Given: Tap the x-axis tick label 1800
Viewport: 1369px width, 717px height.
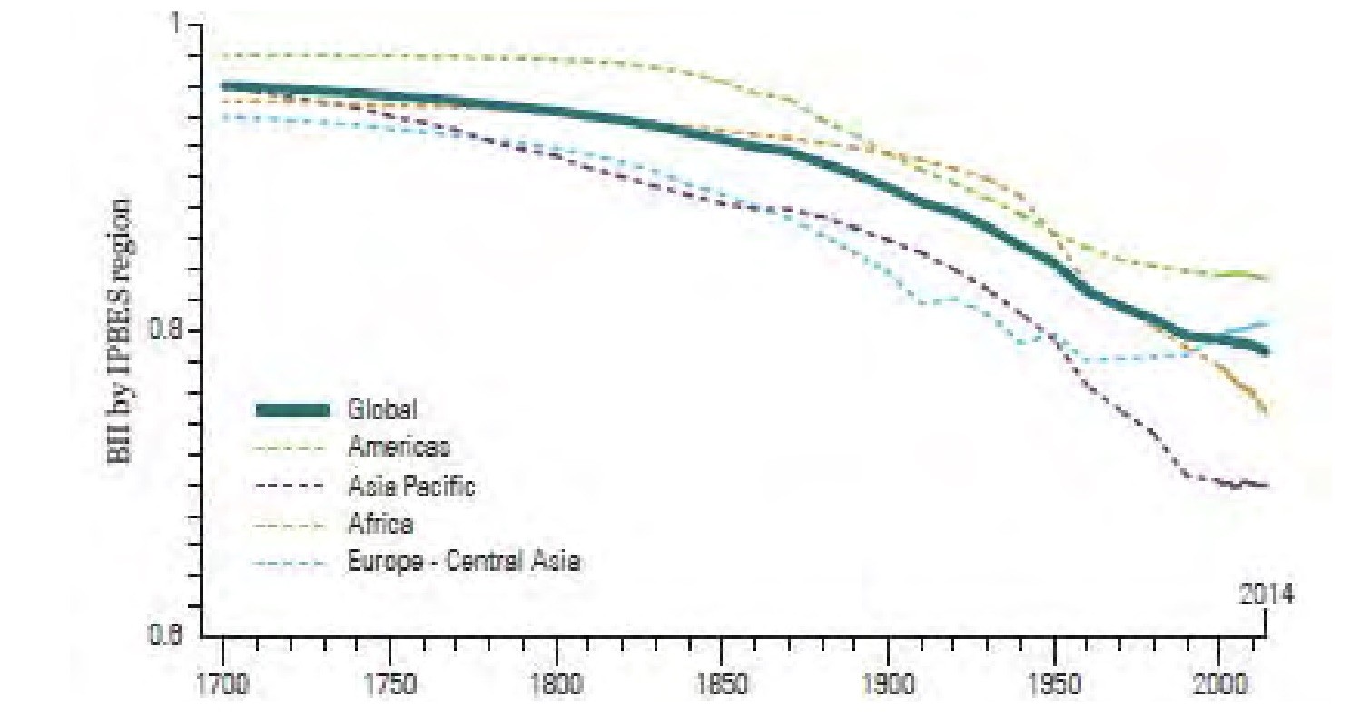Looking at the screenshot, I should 556,683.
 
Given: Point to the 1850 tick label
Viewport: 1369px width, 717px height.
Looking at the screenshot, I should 722,683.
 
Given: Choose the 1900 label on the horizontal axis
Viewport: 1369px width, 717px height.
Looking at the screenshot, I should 888,683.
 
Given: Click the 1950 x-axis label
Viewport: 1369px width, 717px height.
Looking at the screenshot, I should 1054,683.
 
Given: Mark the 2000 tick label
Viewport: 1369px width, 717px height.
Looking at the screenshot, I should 1221,683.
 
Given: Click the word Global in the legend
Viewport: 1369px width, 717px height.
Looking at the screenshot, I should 382,409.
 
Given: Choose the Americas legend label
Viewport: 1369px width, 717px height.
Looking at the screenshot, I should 399,447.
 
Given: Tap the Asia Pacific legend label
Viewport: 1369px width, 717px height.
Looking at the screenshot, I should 411,486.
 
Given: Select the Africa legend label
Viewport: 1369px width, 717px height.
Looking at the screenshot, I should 380,524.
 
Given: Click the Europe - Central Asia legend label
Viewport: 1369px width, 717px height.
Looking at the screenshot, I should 464,562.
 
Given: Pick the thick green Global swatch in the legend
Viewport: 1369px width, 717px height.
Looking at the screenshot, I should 291,410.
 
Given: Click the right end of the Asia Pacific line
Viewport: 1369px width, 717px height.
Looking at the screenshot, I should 1266,486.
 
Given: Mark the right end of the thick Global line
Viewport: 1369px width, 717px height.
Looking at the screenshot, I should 1266,350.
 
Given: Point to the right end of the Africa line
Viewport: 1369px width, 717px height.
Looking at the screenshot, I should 1266,413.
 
